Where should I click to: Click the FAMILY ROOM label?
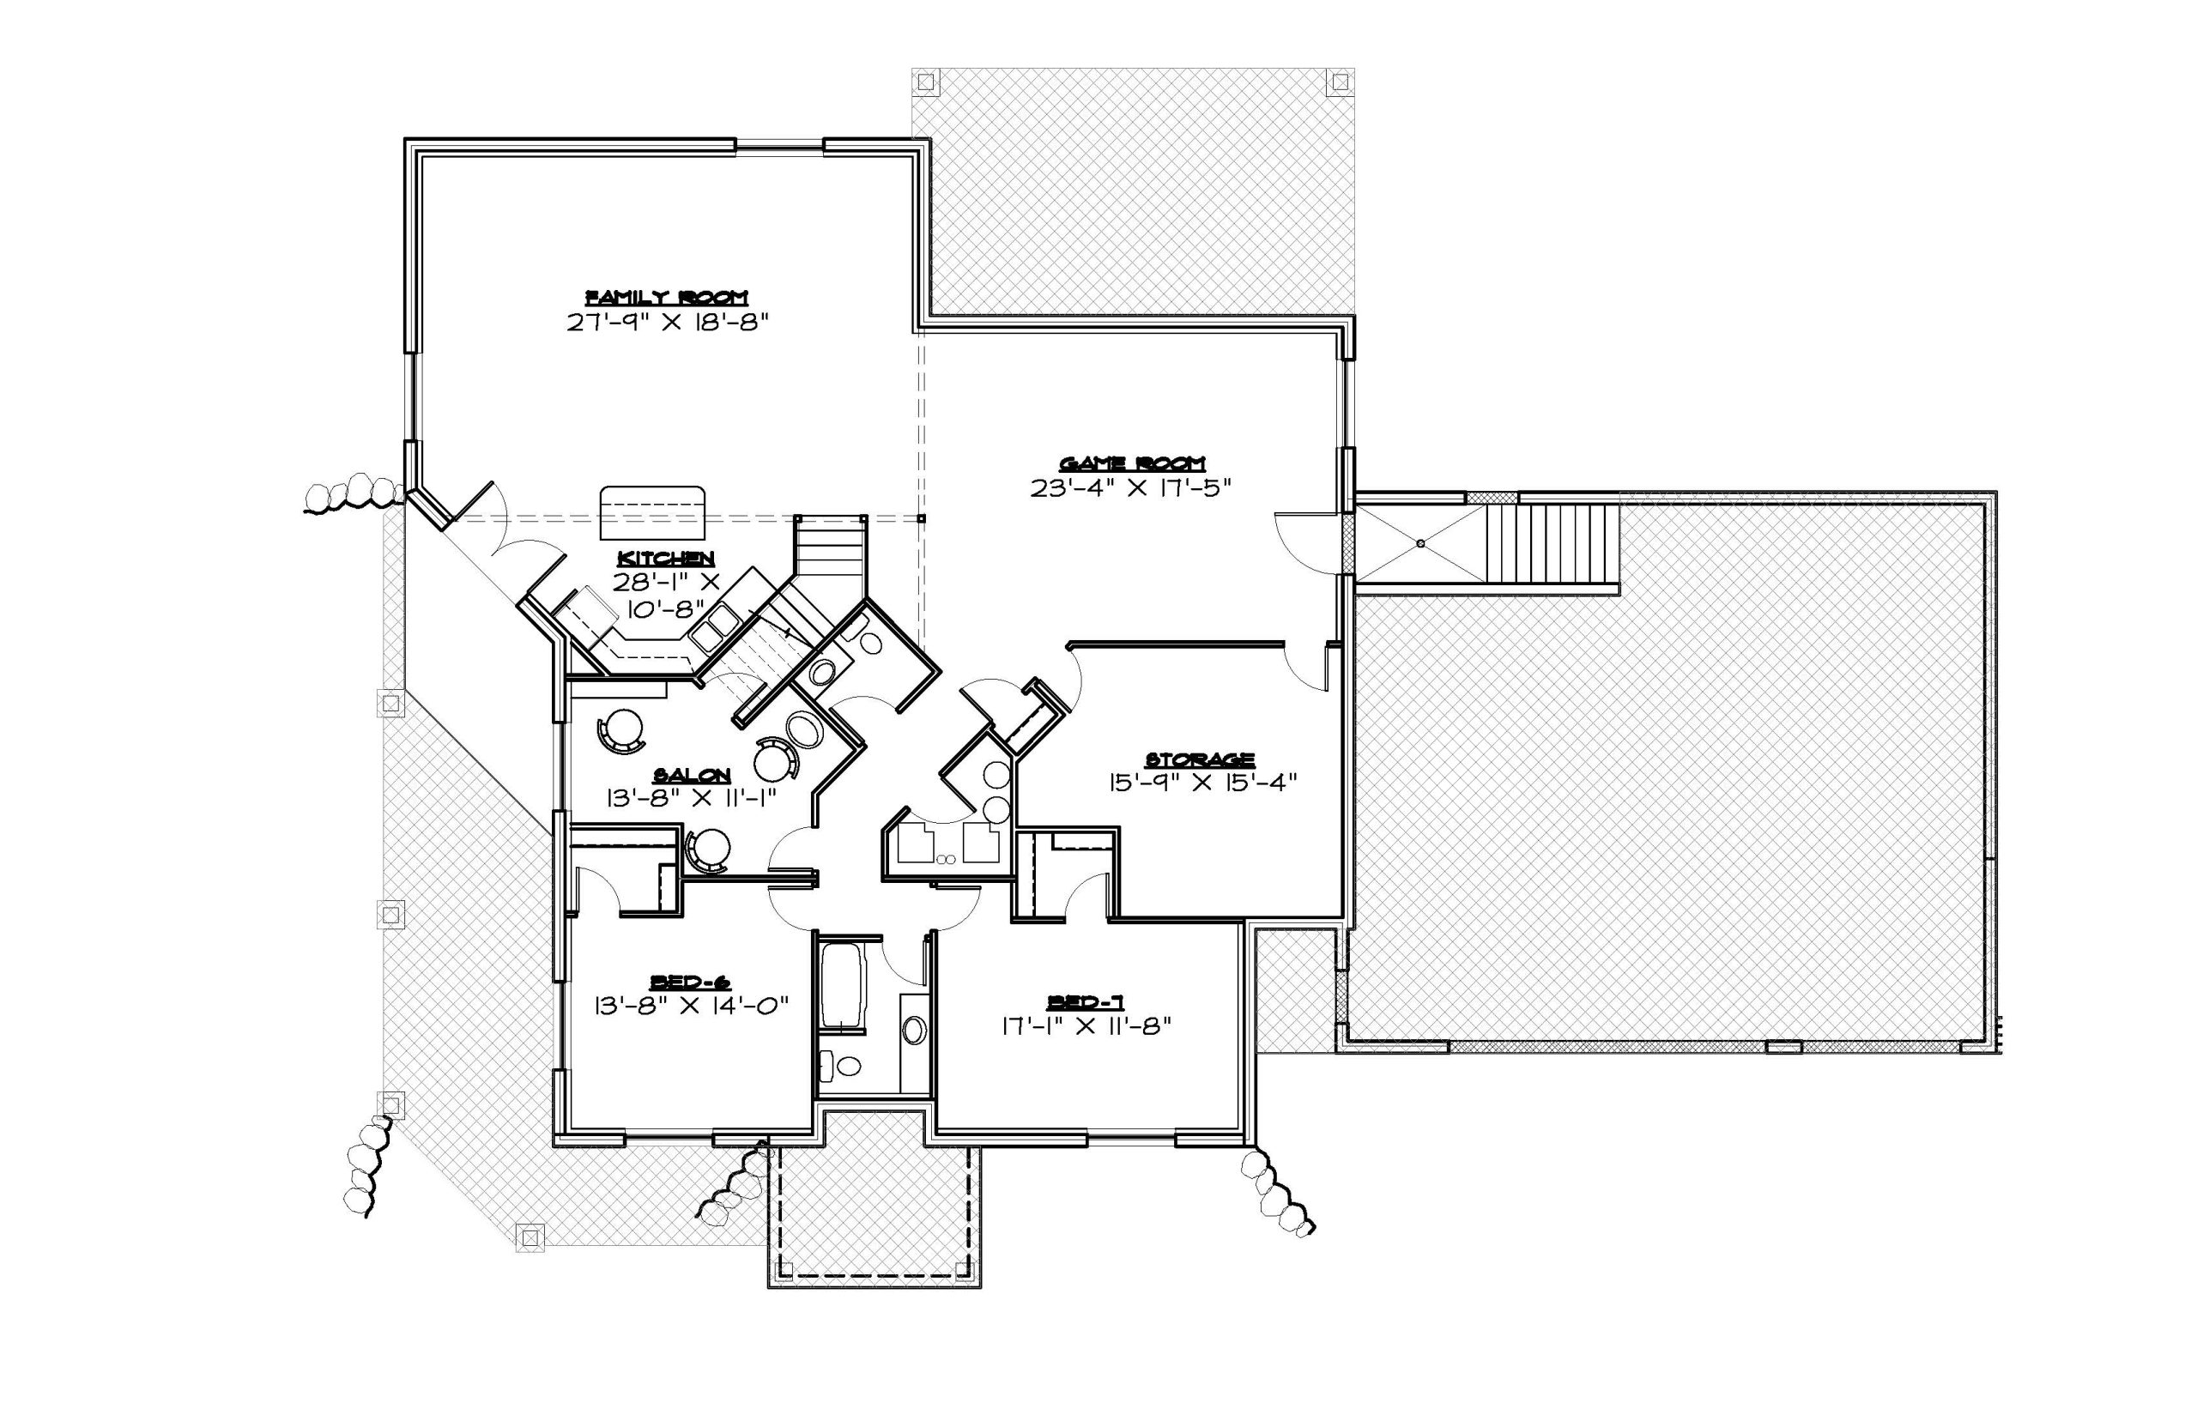(x=667, y=297)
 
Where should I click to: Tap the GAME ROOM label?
(x=1131, y=463)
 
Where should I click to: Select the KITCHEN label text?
(x=665, y=559)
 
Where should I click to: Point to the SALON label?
(x=692, y=774)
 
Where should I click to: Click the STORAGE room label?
(x=1200, y=759)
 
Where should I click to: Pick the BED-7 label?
(x=1084, y=1002)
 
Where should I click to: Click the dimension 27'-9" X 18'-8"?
(x=667, y=323)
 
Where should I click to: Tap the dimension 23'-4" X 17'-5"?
(x=1131, y=488)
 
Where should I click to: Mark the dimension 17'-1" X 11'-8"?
(x=1085, y=1025)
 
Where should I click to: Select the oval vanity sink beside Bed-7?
(x=912, y=1030)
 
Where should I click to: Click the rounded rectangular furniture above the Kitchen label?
(x=652, y=513)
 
